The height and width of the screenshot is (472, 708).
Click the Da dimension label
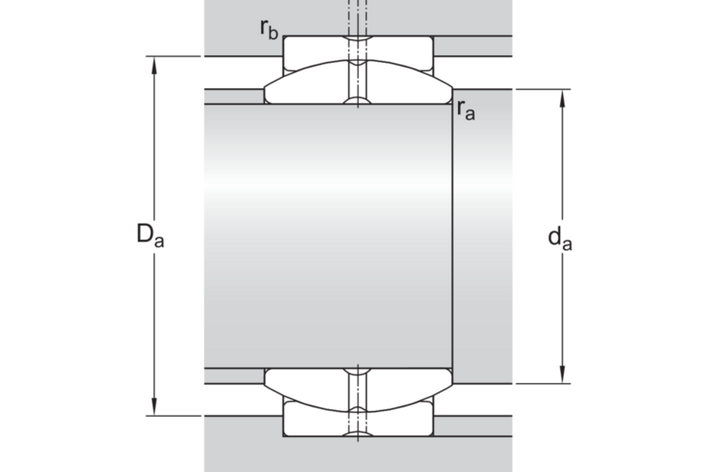151,235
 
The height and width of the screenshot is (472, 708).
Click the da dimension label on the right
560,238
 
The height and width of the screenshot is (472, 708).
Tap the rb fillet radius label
269,29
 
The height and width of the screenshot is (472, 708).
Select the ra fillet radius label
466,110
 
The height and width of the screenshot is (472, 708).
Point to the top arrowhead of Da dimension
155,65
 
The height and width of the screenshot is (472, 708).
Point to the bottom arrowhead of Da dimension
155,406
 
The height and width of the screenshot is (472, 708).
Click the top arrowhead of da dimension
562,98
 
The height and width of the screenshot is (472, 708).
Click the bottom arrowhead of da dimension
562,375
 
